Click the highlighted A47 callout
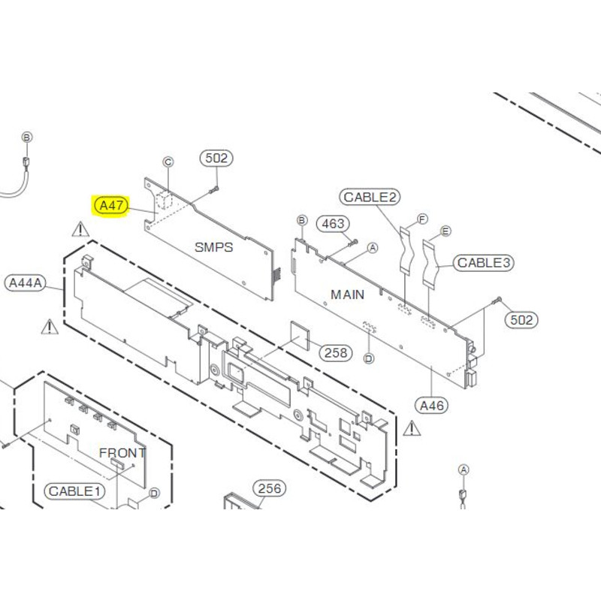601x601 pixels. pos(110,205)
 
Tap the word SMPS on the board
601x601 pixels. pos(214,246)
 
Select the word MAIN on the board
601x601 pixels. pos(348,294)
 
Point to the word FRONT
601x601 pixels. pos(122,453)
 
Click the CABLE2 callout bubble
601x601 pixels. pos(370,198)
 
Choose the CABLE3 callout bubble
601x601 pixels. pos(485,263)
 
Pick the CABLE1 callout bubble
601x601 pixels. pos(75,491)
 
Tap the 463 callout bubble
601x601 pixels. pos(333,224)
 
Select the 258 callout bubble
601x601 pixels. pos(337,352)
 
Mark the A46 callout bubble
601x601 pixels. pos(432,406)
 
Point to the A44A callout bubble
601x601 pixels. pos(26,283)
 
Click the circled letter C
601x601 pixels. pos(168,162)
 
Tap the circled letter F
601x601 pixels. pos(422,219)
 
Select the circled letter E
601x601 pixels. pos(445,231)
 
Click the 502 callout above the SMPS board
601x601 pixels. pos(216,159)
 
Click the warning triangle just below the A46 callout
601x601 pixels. pos(412,429)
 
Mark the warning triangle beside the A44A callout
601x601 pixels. pos(50,327)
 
